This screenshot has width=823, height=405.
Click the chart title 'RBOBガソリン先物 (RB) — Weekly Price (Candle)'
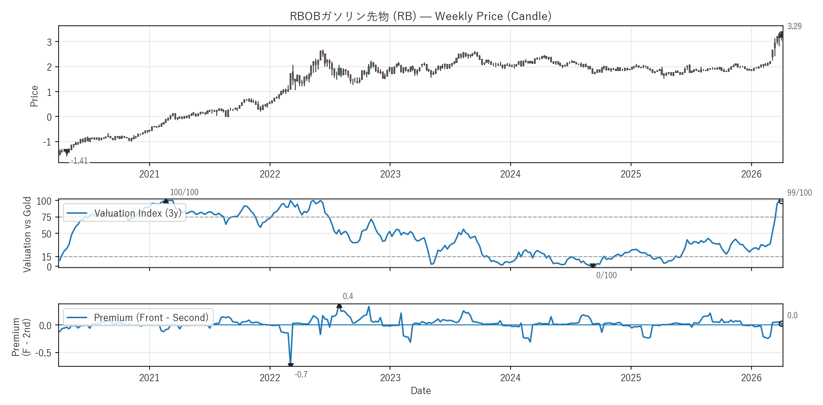click(421, 16)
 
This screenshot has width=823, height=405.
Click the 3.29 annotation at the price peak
click(794, 26)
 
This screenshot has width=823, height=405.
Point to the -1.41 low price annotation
click(79, 161)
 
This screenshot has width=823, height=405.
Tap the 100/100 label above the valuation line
click(184, 192)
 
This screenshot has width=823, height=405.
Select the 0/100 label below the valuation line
click(606, 275)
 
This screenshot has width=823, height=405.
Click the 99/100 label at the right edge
click(799, 193)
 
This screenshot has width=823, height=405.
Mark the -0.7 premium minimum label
click(301, 374)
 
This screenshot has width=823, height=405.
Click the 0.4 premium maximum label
click(348, 296)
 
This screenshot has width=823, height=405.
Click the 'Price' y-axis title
click(34, 96)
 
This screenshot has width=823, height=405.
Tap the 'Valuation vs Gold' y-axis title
click(27, 234)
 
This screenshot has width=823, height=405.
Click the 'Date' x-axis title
click(421, 391)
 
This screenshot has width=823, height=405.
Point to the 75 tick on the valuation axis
click(46, 218)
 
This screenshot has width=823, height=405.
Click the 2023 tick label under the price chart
click(390, 174)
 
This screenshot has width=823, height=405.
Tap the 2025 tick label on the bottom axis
click(631, 378)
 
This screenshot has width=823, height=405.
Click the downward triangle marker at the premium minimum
click(291, 365)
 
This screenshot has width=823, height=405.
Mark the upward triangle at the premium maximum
click(339, 306)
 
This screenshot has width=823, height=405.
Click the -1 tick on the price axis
click(47, 142)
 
